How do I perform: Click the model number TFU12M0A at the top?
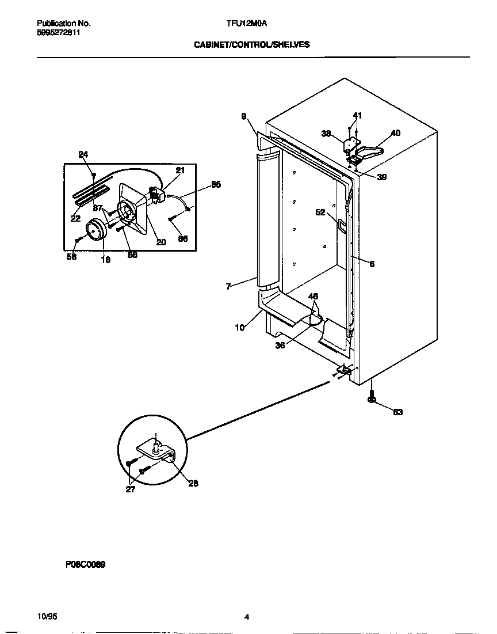point(247,24)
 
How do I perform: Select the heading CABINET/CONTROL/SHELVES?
point(251,44)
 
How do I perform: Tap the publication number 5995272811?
point(59,33)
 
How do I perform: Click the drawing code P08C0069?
point(85,564)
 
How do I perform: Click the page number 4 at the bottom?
point(247,617)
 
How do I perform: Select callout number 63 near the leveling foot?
point(397,412)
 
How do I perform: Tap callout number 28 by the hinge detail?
point(193,483)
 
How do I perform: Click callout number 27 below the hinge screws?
point(131,489)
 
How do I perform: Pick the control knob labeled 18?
point(95,230)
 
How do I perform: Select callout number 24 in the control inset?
point(83,154)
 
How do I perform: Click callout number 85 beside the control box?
point(216,185)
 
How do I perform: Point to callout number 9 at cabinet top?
point(244,116)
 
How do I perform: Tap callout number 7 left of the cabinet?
point(229,286)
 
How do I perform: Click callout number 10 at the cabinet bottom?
point(240,328)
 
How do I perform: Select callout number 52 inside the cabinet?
point(320,212)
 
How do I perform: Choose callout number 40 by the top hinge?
point(396,133)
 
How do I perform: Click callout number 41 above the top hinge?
point(357,116)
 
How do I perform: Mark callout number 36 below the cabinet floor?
point(280,346)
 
